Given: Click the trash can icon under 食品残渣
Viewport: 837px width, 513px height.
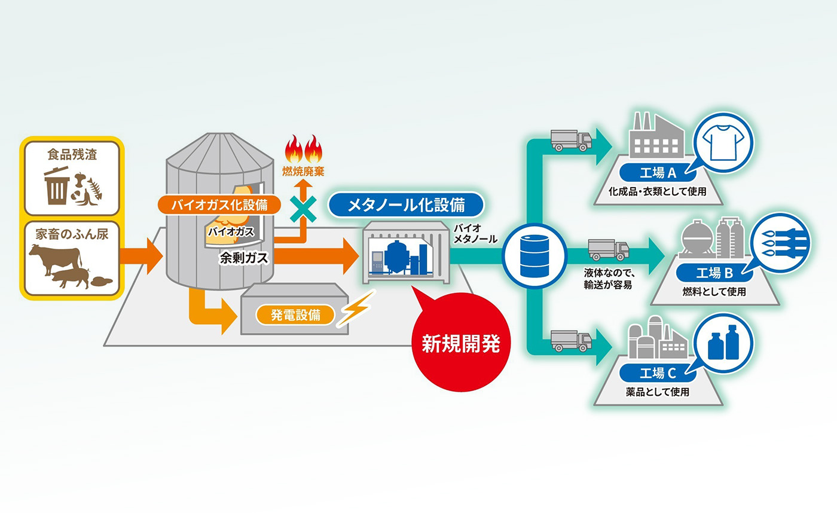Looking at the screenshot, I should pos(57,185).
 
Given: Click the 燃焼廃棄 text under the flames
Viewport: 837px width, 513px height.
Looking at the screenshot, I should pos(303,171).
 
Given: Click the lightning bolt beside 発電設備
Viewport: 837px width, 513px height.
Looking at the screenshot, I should pos(354,309).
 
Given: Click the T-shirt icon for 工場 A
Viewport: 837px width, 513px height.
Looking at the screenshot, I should pos(723,143).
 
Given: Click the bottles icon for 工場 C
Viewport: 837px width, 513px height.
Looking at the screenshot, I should pos(723,344).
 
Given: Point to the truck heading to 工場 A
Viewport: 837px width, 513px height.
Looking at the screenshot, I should pos(571,141).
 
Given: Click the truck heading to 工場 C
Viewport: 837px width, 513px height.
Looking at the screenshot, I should pos(571,341).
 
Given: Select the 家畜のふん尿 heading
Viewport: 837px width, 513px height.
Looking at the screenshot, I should pos(72,234).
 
